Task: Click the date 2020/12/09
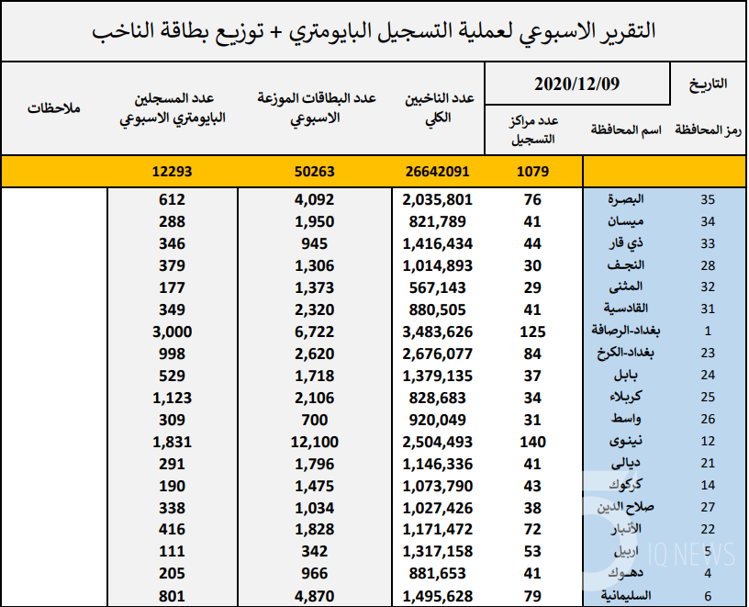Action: pyautogui.click(x=576, y=84)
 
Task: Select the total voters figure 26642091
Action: pyautogui.click(x=438, y=172)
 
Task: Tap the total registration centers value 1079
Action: pyautogui.click(x=532, y=172)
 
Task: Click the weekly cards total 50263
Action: pyautogui.click(x=314, y=172)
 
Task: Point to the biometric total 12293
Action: pyautogui.click(x=172, y=172)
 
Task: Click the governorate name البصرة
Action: pyautogui.click(x=626, y=199)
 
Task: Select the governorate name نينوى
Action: pyautogui.click(x=626, y=441)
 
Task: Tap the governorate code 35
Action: pyautogui.click(x=708, y=199)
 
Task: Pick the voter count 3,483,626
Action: pyautogui.click(x=438, y=332)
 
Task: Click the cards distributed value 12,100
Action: pyautogui.click(x=314, y=442)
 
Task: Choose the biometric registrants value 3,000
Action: pyautogui.click(x=172, y=332)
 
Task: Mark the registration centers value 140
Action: pyautogui.click(x=532, y=442)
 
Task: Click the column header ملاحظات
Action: pyautogui.click(x=53, y=108)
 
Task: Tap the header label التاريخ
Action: pyautogui.click(x=708, y=84)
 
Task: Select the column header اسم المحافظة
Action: pyautogui.click(x=626, y=129)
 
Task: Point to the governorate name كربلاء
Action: pyautogui.click(x=626, y=397)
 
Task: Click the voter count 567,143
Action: pyautogui.click(x=438, y=287)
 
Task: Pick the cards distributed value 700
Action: pyautogui.click(x=314, y=420)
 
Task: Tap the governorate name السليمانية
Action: pyautogui.click(x=626, y=596)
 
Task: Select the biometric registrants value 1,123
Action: pyautogui.click(x=172, y=399)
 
